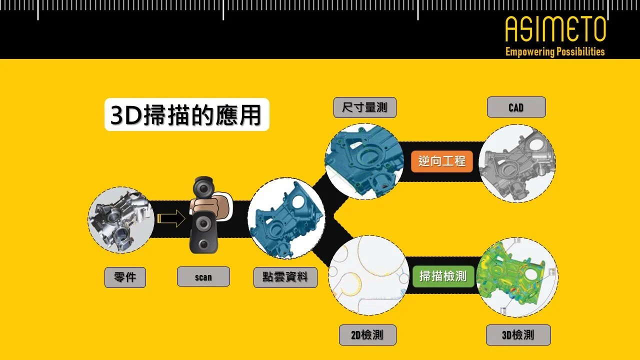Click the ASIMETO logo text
[x=555, y=29]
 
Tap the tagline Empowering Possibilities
[x=555, y=51]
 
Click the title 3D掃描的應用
[x=186, y=115]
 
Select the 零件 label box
[x=125, y=277]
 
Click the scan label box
[x=203, y=276]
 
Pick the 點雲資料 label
[x=285, y=277]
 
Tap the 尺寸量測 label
[x=364, y=107]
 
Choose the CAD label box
[x=515, y=107]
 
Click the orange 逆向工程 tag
[x=441, y=161]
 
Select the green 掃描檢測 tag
[x=442, y=275]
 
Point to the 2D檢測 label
[x=367, y=335]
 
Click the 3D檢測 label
[x=518, y=335]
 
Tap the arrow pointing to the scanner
[x=170, y=219]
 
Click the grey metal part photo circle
[x=121, y=220]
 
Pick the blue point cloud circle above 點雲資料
[x=286, y=218]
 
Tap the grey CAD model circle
[x=517, y=163]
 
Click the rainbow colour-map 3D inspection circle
[x=517, y=277]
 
